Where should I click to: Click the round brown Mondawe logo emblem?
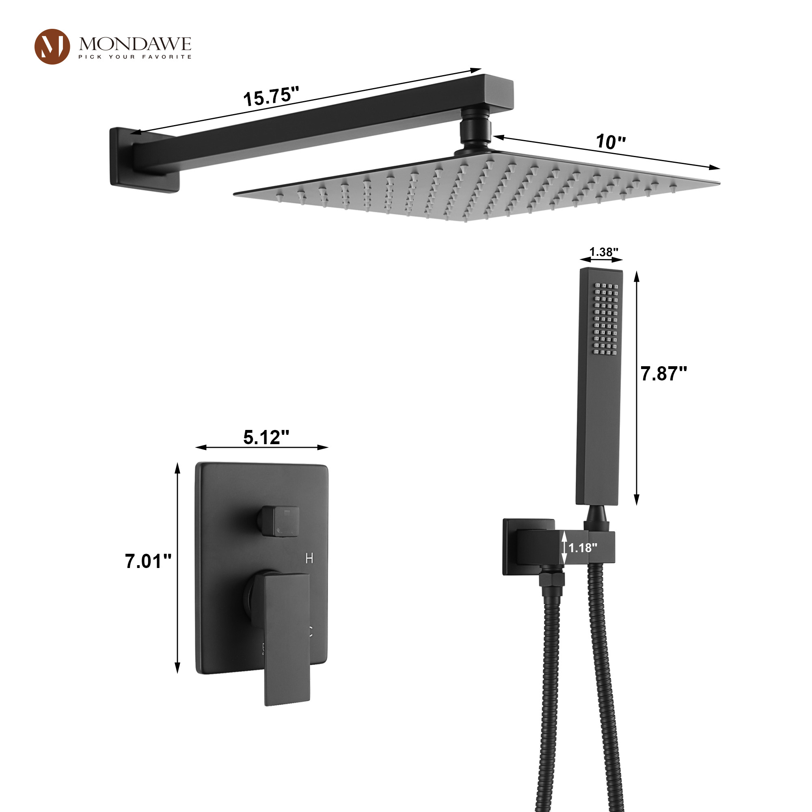click(52, 47)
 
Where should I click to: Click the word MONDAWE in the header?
click(135, 44)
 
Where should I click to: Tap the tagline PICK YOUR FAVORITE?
click(135, 57)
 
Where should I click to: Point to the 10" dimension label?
click(611, 142)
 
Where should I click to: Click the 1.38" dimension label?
click(604, 252)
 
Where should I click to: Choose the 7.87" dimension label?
click(663, 374)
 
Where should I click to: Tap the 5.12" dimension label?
click(266, 438)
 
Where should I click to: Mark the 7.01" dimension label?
click(148, 561)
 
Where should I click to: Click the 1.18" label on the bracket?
click(583, 548)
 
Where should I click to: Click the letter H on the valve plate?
click(309, 559)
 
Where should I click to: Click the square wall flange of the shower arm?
click(122, 160)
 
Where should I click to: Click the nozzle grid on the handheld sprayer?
click(606, 319)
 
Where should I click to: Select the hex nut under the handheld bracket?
click(552, 579)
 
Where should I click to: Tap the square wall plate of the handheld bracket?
click(510, 546)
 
